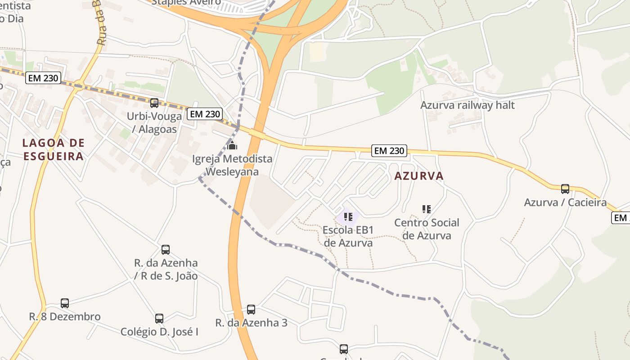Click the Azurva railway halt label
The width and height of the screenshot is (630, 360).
click(467, 105)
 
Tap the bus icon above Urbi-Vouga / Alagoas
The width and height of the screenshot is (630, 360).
click(154, 103)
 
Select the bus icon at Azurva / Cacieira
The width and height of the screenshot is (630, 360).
click(565, 189)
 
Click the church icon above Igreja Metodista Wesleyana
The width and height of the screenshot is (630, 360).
click(232, 145)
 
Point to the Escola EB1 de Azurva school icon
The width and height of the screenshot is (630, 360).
click(348, 217)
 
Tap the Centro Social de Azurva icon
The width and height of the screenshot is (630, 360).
click(427, 209)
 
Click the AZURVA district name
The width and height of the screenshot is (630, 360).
click(419, 176)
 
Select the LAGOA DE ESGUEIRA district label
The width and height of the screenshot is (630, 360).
click(53, 150)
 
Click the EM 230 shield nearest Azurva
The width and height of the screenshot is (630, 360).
click(389, 151)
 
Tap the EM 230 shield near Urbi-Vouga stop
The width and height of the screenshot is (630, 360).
click(205, 114)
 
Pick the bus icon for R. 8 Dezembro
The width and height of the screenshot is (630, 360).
click(65, 303)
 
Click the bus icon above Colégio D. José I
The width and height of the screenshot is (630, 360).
click(159, 319)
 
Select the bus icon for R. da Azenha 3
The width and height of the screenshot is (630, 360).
click(251, 310)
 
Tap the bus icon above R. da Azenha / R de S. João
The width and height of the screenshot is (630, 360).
click(166, 250)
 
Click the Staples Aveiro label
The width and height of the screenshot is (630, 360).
click(186, 2)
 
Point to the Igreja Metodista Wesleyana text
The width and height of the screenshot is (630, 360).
click(232, 165)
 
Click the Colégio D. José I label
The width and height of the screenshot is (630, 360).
click(159, 332)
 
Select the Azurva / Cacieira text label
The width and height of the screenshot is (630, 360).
click(565, 202)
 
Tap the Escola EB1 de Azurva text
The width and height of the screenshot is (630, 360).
click(348, 236)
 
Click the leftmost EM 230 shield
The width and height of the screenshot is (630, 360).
click(43, 78)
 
